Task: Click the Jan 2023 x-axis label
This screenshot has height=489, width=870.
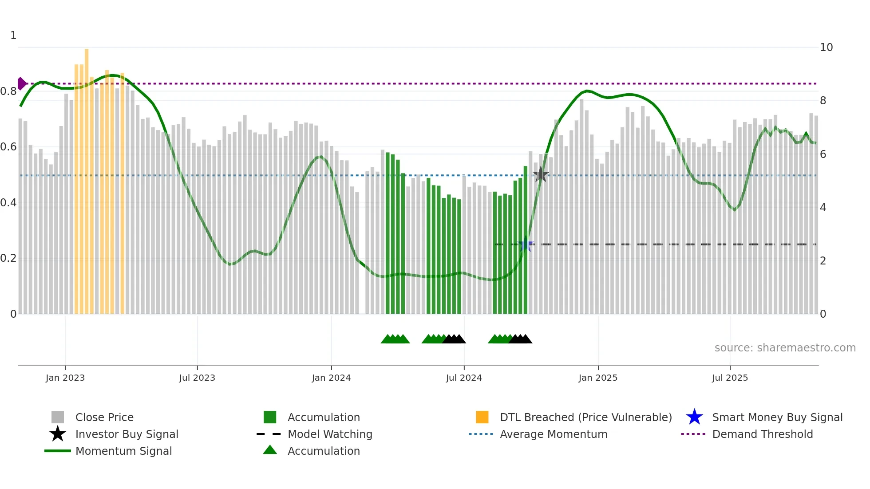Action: pyautogui.click(x=65, y=378)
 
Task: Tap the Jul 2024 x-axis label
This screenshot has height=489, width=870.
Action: pyautogui.click(x=464, y=378)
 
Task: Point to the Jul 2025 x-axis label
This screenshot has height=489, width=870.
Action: pyautogui.click(x=730, y=378)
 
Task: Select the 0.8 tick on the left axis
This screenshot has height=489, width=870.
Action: pyautogui.click(x=8, y=91)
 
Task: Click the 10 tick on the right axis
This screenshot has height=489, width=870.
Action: pyautogui.click(x=826, y=47)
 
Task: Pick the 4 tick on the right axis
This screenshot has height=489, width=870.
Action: pyautogui.click(x=823, y=208)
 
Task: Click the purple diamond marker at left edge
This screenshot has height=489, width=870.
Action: pyautogui.click(x=21, y=83)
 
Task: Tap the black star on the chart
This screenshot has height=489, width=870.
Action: pyautogui.click(x=540, y=175)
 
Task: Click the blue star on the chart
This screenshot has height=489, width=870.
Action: pyautogui.click(x=526, y=244)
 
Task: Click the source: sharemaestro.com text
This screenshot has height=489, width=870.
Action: pyautogui.click(x=785, y=348)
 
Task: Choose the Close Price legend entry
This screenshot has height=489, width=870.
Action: pyautogui.click(x=104, y=417)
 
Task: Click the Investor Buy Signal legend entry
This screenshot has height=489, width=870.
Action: pyautogui.click(x=127, y=434)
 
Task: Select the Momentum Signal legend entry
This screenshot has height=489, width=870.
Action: pyautogui.click(x=123, y=451)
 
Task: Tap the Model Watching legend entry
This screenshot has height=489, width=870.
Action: pyautogui.click(x=330, y=434)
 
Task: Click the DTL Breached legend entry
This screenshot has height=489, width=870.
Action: pyautogui.click(x=585, y=417)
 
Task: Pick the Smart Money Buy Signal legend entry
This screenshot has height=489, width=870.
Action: pyautogui.click(x=777, y=417)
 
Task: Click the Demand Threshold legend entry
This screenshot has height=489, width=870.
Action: pyautogui.click(x=762, y=434)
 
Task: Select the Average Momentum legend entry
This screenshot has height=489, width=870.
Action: pyautogui.click(x=553, y=434)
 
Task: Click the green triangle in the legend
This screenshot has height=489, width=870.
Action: pyautogui.click(x=270, y=450)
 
